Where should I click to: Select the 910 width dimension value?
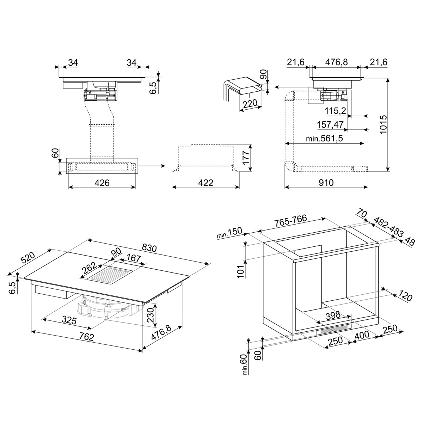click(x=326, y=183)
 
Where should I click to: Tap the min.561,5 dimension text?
click(x=324, y=139)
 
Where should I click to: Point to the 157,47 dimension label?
click(x=330, y=125)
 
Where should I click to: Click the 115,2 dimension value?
click(x=336, y=111)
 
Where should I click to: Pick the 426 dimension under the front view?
click(x=102, y=183)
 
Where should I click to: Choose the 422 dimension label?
click(x=206, y=183)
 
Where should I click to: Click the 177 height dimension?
click(x=246, y=158)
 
